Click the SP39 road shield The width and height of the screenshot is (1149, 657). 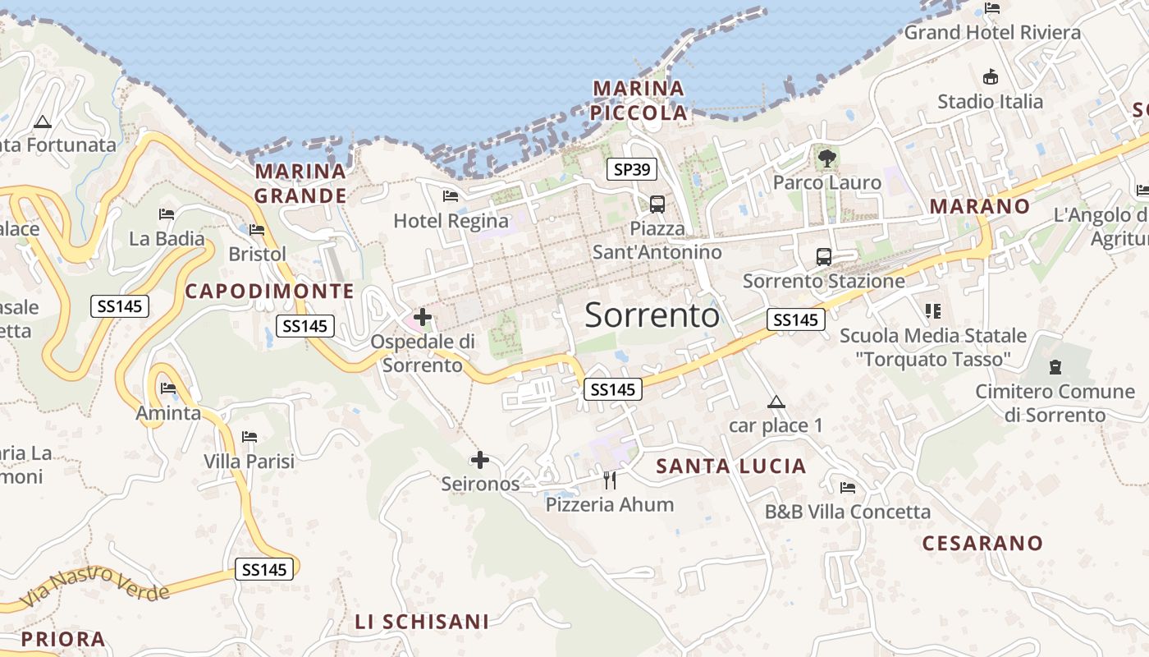coord(632,170)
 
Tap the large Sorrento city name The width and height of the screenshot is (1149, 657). coord(652,315)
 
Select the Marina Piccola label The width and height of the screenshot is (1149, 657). coord(639,100)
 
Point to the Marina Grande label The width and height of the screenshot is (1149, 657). coord(300,183)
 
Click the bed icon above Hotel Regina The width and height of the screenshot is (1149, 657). coord(450,195)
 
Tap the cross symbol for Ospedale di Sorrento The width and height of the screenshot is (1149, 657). coord(423,316)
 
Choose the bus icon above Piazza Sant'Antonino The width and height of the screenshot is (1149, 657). coord(657,204)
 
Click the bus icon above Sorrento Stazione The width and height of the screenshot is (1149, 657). coord(823,256)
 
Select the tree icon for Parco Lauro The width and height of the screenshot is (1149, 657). coord(826,157)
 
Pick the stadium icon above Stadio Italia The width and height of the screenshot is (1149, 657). coord(991,76)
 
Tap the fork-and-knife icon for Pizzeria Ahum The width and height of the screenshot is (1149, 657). coord(610,480)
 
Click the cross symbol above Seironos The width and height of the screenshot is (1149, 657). coord(480,460)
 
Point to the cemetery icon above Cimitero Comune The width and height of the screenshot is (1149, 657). coord(1055,366)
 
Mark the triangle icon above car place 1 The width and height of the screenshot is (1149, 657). coord(776,402)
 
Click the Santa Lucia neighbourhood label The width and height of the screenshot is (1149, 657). coord(731,466)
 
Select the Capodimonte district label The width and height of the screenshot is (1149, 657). coord(269,291)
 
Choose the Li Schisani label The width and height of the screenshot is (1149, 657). coord(422,622)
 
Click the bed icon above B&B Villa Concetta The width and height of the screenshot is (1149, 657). coord(848,487)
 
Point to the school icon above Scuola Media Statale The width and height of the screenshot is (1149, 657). coord(932,310)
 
